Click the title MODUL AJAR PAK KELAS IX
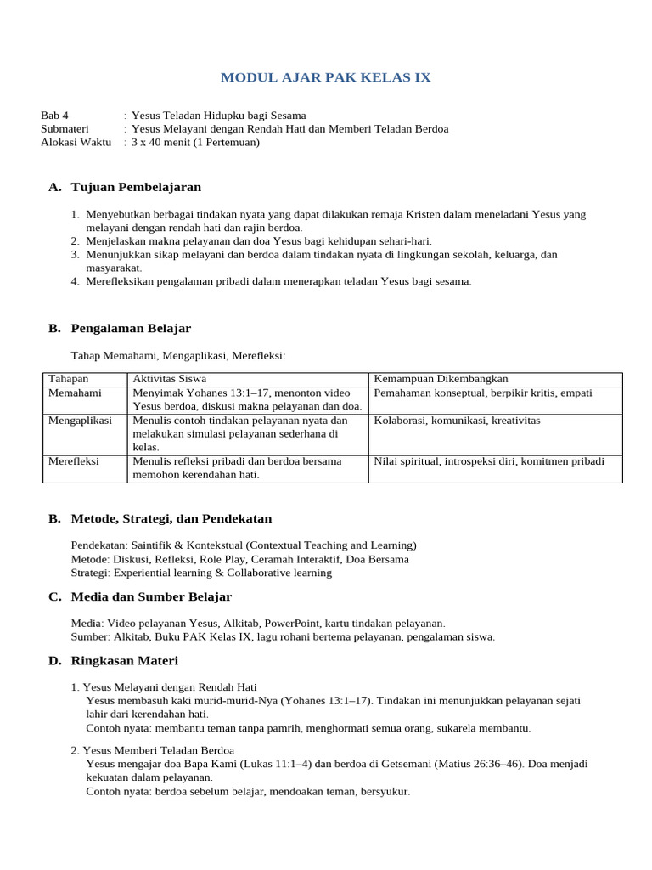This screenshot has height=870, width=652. (x=326, y=77)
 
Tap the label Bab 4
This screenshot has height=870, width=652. (x=55, y=116)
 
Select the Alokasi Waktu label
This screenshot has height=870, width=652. (x=76, y=142)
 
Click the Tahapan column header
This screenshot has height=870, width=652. (x=69, y=379)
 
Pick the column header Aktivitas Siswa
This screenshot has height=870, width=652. (x=170, y=379)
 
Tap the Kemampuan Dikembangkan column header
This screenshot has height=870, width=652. (x=441, y=379)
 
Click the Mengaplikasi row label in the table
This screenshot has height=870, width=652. (x=80, y=421)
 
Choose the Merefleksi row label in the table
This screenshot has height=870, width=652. (x=74, y=461)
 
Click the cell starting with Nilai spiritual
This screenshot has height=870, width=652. (x=489, y=461)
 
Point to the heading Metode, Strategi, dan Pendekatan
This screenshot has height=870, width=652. (x=171, y=518)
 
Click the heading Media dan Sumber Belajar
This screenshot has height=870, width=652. (x=151, y=596)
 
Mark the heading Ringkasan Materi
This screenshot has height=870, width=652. (x=125, y=660)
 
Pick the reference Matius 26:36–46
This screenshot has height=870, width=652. (x=477, y=764)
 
